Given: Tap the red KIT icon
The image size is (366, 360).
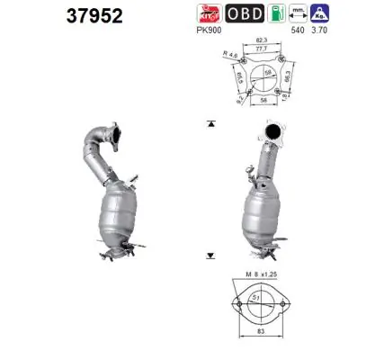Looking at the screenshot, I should point(208,13).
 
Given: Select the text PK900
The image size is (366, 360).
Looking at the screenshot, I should point(208,29).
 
